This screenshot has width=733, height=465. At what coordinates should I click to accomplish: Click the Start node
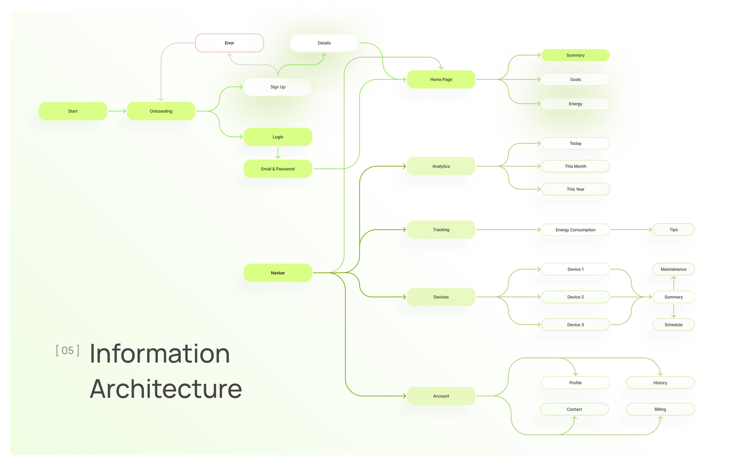(x=73, y=111)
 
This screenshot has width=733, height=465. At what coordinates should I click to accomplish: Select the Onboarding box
(x=161, y=111)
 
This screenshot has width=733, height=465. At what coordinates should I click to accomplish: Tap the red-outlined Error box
(x=229, y=43)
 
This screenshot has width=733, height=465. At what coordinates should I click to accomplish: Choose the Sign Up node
(x=278, y=87)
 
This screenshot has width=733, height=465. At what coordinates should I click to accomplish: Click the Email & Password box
(x=278, y=169)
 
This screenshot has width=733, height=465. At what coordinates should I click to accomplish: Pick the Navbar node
(x=278, y=273)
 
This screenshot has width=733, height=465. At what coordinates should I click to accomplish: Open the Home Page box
(x=441, y=79)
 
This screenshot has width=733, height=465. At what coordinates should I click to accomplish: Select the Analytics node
(x=441, y=166)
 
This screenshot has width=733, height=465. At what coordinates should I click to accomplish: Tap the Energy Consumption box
(x=575, y=230)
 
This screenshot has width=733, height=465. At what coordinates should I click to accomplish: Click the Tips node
(x=673, y=230)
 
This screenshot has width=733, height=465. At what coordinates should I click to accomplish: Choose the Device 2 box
(x=575, y=297)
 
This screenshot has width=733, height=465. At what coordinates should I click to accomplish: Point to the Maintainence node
(x=673, y=269)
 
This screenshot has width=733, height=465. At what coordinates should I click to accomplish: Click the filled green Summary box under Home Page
(x=575, y=55)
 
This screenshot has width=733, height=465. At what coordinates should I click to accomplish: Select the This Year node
(x=575, y=189)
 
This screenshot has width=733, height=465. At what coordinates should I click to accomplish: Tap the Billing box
(x=660, y=409)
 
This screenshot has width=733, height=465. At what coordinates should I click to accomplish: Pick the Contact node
(x=574, y=409)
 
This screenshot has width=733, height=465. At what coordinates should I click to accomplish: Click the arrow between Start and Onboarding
(x=117, y=111)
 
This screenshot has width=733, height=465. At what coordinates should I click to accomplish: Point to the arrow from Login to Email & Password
(x=278, y=153)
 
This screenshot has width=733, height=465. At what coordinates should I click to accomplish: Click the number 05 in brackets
(x=67, y=351)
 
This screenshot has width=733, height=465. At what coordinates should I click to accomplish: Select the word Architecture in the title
(x=166, y=389)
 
